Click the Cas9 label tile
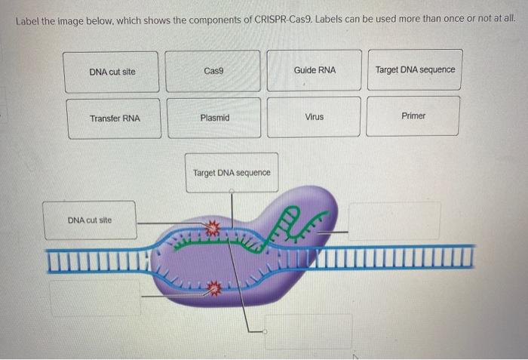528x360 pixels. (x=213, y=71)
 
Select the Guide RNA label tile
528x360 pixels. (x=315, y=70)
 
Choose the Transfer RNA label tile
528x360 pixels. (x=115, y=118)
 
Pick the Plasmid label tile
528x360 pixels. (x=215, y=118)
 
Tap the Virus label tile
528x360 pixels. (x=314, y=117)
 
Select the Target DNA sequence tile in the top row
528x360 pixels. (x=415, y=70)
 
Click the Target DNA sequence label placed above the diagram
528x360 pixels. (x=232, y=173)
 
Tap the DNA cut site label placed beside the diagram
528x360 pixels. (x=90, y=220)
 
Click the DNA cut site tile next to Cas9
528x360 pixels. (x=112, y=72)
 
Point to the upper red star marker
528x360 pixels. (x=213, y=226)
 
